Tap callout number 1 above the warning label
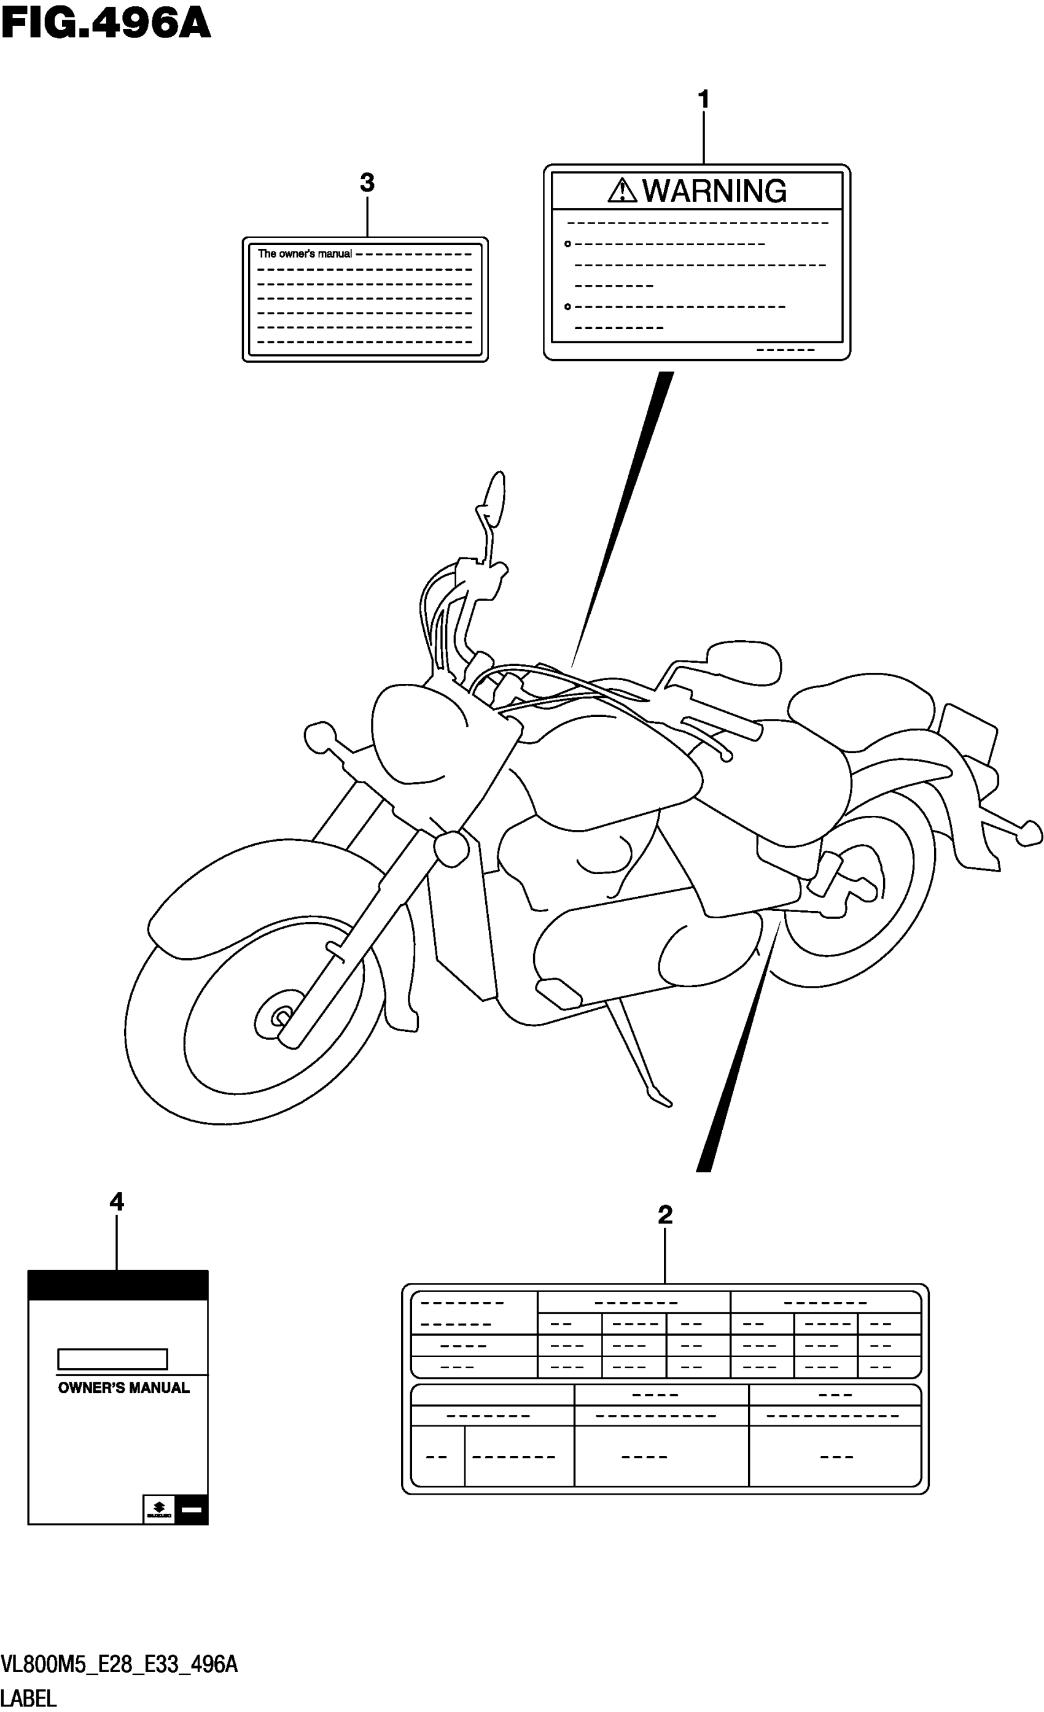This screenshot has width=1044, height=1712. tap(703, 100)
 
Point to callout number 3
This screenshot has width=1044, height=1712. tap(367, 184)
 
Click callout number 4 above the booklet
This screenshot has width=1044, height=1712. tap(117, 1202)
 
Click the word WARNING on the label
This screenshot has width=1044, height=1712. tap(714, 191)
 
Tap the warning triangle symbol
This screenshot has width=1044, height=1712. tap(621, 190)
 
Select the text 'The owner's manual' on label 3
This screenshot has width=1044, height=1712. tap(305, 254)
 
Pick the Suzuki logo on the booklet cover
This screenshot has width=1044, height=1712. tap(158, 1508)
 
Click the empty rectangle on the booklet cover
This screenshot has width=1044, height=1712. tap(112, 1359)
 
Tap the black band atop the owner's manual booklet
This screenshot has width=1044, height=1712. tap(117, 1285)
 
